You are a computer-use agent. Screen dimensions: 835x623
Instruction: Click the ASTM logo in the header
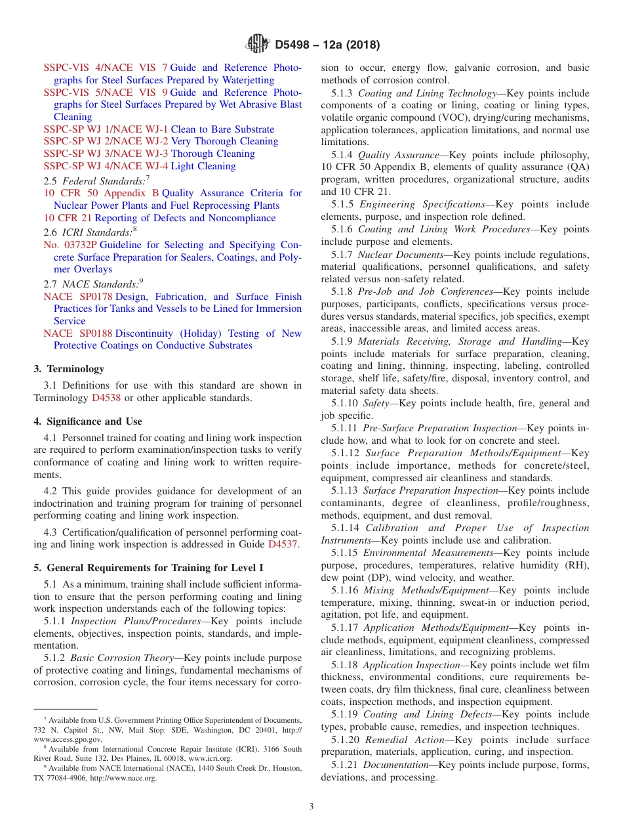257,45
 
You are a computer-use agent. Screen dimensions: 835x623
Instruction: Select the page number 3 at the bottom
311,807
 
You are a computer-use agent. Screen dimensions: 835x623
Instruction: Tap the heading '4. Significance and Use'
88,421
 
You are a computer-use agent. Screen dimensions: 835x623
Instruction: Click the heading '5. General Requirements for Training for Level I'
149,567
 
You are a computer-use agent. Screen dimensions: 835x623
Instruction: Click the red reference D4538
106,398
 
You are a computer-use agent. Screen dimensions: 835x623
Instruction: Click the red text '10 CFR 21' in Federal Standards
68,218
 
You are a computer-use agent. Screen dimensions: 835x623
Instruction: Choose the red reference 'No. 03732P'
70,245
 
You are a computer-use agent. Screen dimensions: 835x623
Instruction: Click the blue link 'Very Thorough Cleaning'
224,141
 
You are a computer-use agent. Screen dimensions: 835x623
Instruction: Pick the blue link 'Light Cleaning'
203,166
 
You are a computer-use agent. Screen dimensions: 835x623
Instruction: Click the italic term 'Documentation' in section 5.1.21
395,765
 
